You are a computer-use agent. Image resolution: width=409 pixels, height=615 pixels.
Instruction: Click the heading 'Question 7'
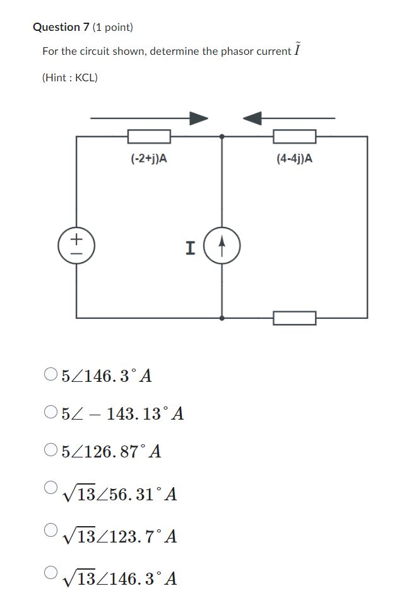tap(61, 27)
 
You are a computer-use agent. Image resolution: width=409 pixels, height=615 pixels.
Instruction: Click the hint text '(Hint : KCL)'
tap(70, 78)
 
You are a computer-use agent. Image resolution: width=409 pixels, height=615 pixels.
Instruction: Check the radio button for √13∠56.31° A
tap(51, 487)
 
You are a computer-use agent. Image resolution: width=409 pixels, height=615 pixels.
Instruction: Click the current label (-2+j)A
tap(149, 159)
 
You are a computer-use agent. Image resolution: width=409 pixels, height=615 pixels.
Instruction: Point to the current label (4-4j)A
tap(294, 159)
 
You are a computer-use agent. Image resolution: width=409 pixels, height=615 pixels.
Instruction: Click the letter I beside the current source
tap(190, 248)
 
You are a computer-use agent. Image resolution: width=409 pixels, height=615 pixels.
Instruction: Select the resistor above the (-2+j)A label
tap(149, 136)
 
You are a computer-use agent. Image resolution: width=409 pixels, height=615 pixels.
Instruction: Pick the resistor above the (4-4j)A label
tap(294, 136)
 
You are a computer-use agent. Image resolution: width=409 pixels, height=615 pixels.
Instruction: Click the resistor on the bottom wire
tap(294, 318)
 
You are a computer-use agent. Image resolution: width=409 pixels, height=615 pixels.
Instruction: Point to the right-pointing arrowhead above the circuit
tap(199, 118)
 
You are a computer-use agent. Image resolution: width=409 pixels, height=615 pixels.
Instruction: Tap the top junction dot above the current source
tap(222, 136)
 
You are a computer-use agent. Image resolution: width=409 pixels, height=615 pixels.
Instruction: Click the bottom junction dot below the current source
tap(222, 318)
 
